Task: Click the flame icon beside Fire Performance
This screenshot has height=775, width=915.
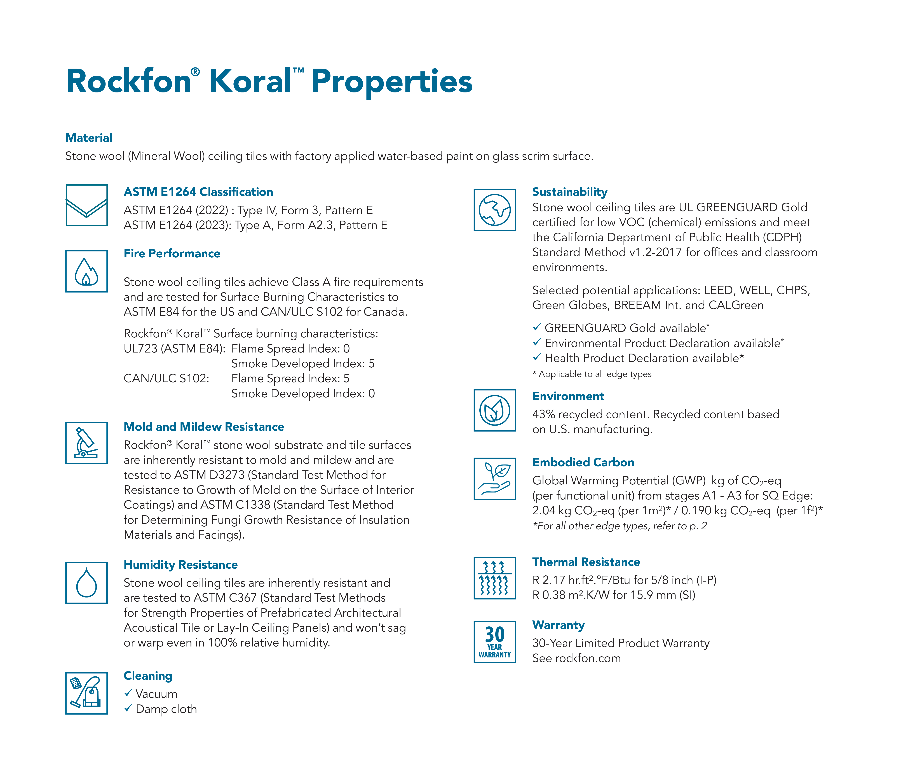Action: (86, 271)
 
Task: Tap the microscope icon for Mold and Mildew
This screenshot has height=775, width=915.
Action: (86, 443)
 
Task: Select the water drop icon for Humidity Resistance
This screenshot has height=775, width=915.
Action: (86, 583)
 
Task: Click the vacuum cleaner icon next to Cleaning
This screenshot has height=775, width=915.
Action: (86, 693)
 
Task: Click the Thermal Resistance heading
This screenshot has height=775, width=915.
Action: (586, 562)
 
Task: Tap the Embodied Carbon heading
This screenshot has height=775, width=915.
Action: (583, 462)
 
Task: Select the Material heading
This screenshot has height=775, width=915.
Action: (89, 138)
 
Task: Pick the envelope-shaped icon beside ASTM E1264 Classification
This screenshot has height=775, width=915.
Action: (86, 205)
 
